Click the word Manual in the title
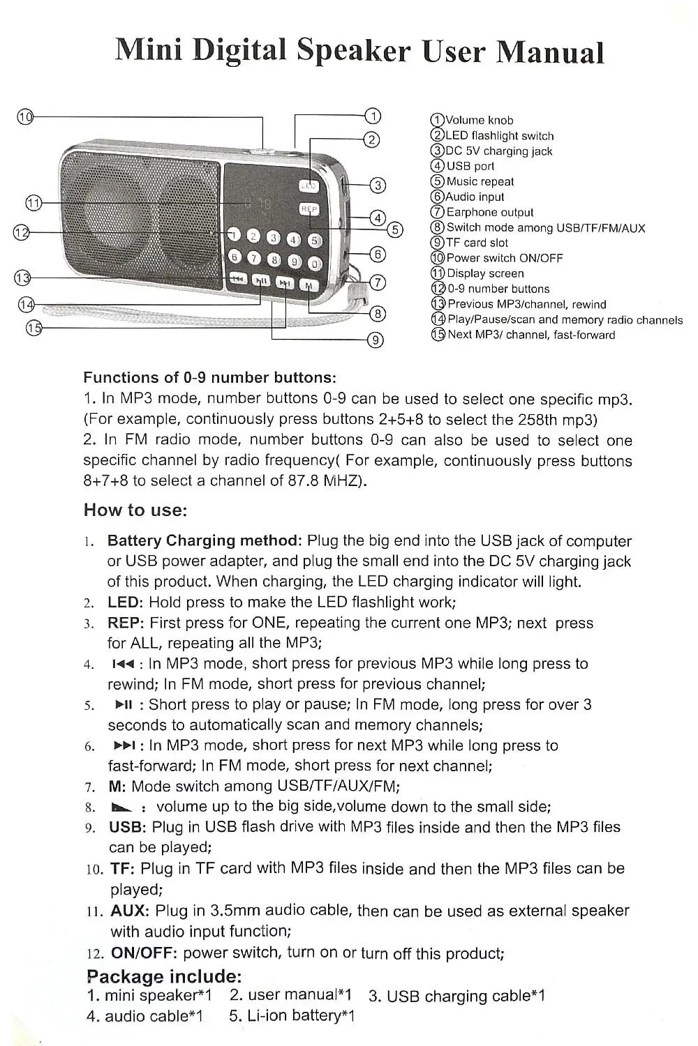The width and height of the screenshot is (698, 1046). click(549, 52)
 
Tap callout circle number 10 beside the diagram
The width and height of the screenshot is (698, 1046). click(25, 116)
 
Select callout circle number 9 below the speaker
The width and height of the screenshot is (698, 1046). click(375, 340)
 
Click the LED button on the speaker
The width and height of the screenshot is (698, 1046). click(309, 186)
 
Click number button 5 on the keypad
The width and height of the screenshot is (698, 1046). click(313, 241)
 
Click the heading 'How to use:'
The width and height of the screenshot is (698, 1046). click(135, 510)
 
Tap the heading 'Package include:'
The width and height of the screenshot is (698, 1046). click(164, 976)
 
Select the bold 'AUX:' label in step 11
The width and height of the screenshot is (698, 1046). click(129, 911)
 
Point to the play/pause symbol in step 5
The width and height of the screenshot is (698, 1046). click(122, 704)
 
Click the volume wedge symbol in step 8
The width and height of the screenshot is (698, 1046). click(121, 808)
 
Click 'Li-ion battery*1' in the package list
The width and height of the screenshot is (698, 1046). click(292, 1016)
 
